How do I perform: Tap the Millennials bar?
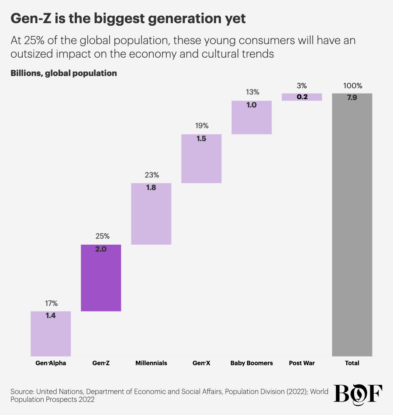[151, 214]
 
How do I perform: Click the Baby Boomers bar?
[252, 118]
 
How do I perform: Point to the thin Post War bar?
[302, 97]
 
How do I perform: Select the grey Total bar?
[352, 225]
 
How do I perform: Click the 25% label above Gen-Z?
[101, 236]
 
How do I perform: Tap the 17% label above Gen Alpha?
[51, 303]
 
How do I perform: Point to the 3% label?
[302, 86]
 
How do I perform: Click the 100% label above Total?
[352, 86]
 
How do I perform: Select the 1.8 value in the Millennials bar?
[151, 188]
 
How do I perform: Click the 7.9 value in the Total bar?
[352, 98]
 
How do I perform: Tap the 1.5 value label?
[201, 139]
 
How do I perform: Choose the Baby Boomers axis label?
[252, 363]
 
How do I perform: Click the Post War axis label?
[302, 363]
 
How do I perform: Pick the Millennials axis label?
[151, 363]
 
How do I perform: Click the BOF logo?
[358, 394]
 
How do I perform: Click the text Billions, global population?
[64, 73]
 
